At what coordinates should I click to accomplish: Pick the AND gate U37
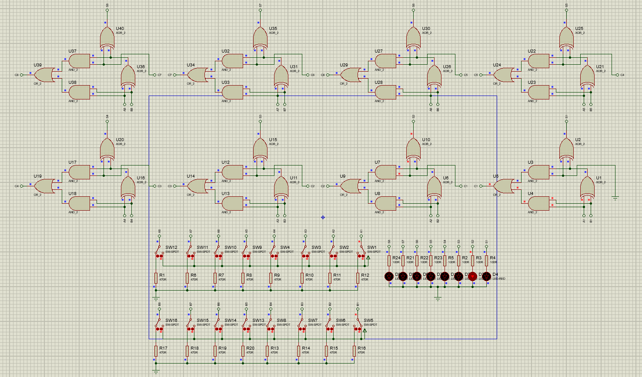pos(79,61)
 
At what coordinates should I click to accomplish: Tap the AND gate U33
pos(232,92)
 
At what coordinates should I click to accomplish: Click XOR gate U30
pos(414,38)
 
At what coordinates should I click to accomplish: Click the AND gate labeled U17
pos(79,172)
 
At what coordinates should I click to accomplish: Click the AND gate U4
pos(538,203)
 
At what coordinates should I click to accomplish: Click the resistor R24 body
pos(389,260)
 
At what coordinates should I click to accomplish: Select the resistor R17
pos(156,351)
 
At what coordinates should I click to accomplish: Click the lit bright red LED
pos(473,276)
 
